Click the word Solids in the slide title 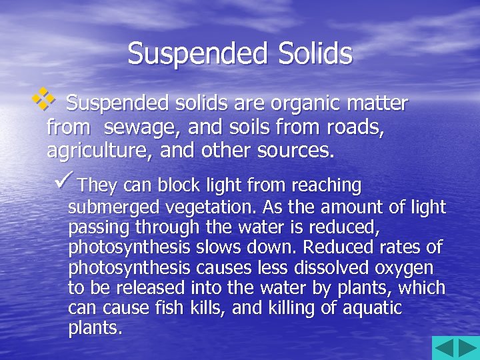coord(307,53)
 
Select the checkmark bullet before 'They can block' coord(66,181)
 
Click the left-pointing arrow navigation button coord(444,348)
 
